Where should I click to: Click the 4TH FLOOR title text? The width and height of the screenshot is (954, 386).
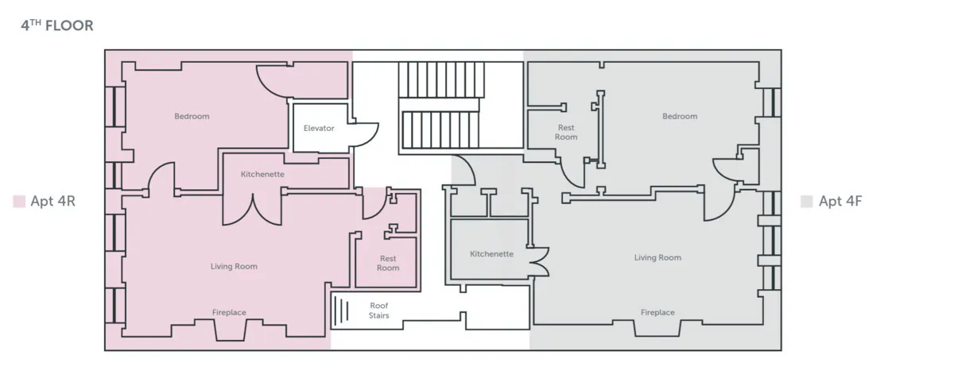tap(56, 26)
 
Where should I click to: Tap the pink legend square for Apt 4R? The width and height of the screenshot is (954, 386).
tap(19, 202)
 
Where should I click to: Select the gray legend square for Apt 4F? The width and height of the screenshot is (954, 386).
tap(806, 202)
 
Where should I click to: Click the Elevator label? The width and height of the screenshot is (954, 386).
tap(319, 128)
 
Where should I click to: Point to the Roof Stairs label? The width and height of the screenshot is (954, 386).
tap(379, 311)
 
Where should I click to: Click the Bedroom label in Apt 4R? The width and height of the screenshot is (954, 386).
tap(192, 117)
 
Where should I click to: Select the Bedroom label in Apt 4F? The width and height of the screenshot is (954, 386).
tap(679, 117)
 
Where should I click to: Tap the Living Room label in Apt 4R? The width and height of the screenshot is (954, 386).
tap(234, 267)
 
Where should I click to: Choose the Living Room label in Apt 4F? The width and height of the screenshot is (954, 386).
tap(657, 257)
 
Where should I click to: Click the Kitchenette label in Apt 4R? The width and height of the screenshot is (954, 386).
tap(262, 174)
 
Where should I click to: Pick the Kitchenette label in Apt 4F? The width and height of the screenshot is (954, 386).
tap(491, 254)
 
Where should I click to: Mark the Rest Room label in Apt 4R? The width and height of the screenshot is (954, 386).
tap(388, 263)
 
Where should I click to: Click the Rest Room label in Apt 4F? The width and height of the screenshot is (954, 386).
tap(566, 132)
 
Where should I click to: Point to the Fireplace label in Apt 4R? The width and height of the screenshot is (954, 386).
tap(229, 313)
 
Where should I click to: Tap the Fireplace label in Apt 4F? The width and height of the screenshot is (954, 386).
tap(657, 313)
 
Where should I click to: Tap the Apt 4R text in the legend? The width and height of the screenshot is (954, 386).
tap(52, 202)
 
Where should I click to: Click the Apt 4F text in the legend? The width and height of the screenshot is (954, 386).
tap(840, 202)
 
